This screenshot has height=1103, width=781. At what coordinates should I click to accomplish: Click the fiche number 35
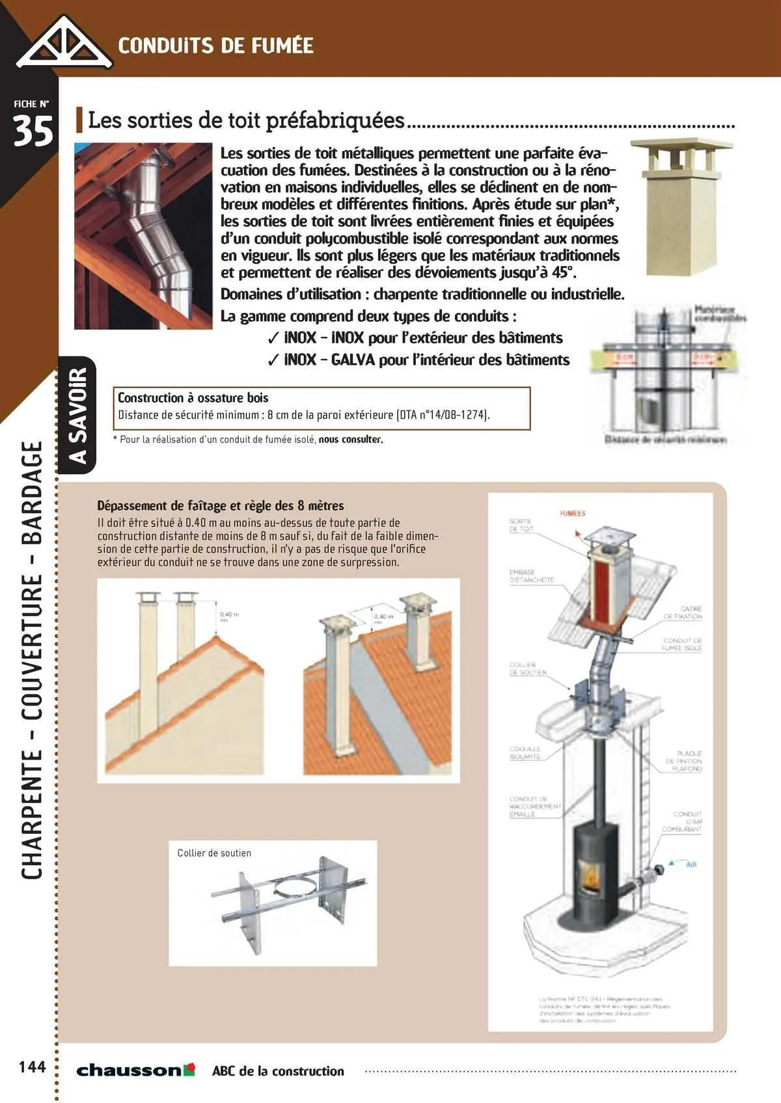pos(33,132)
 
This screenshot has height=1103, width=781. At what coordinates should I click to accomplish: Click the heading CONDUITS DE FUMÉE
pos(215,46)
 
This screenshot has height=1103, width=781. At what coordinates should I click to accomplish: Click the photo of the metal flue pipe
pos(143,235)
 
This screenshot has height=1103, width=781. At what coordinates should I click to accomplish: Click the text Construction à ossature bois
pos(193,398)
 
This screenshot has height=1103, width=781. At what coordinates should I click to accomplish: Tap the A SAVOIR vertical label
pos(77,416)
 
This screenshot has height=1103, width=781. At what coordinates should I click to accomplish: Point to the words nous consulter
pos(351,440)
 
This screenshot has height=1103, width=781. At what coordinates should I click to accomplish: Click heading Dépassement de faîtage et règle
pos(220,505)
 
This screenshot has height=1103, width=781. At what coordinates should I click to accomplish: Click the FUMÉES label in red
pos(573,514)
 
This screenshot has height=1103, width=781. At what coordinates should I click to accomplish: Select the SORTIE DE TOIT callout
pos(521,525)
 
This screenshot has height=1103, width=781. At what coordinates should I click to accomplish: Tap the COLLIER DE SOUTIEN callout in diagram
pos(528,669)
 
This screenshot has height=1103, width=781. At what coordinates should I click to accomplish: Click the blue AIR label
pos(691,864)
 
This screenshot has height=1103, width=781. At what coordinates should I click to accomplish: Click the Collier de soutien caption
pos(214,853)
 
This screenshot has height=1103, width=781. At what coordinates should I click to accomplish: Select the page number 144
pos(32,1067)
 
